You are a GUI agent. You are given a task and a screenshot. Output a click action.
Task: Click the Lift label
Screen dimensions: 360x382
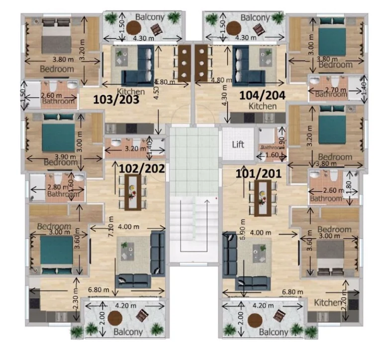(238, 145)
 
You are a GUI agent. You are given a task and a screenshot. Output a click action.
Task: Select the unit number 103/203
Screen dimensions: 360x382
(116, 99)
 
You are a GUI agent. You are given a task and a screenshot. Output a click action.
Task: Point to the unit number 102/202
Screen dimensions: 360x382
(142, 168)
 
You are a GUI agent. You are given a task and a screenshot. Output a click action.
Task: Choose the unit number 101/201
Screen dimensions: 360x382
(259, 174)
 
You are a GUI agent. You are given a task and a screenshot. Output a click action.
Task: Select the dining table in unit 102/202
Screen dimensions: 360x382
(133, 191)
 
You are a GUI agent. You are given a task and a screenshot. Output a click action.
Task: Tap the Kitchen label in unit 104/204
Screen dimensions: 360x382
(263, 106)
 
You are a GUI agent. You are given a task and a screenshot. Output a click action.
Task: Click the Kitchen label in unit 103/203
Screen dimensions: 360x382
(131, 91)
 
